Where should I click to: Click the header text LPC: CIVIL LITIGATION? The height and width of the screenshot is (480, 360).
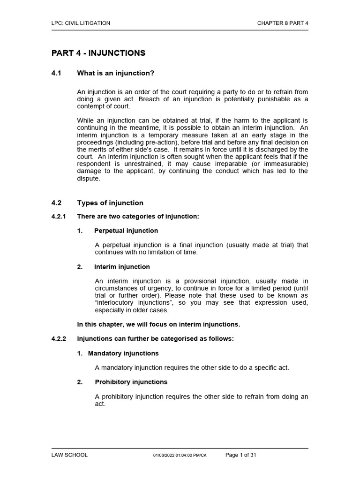[81, 23]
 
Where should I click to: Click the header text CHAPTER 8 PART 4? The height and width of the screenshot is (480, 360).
[283, 23]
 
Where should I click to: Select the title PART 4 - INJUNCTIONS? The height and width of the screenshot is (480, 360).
[98, 53]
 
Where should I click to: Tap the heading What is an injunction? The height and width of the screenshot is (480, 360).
[116, 73]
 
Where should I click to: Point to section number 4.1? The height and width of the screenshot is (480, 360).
[57, 73]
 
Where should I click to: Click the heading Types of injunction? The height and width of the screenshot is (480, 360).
[110, 203]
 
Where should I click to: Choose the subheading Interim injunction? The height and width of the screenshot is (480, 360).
[122, 267]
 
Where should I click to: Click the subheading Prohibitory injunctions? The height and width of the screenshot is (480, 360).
[131, 382]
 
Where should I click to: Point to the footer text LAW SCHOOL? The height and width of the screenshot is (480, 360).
[69, 455]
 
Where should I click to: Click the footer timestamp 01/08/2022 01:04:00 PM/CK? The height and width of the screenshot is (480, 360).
[180, 456]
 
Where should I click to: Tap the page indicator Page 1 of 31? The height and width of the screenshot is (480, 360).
[241, 455]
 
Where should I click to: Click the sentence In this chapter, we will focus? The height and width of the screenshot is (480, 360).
[158, 324]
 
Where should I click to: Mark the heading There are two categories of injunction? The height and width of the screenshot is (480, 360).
[138, 217]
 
